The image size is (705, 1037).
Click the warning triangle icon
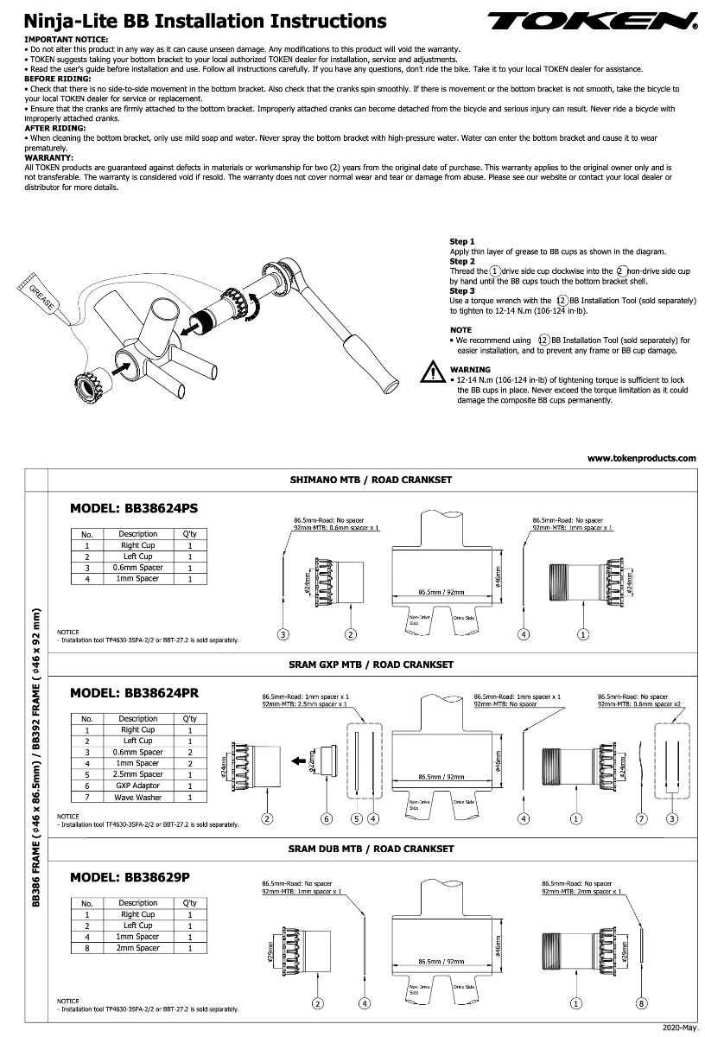tap(432, 372)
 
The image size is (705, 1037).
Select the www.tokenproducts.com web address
tap(641, 459)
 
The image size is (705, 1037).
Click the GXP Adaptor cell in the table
tap(138, 786)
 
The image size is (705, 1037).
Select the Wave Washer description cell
tap(138, 797)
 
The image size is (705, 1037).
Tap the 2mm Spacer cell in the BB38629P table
tap(138, 948)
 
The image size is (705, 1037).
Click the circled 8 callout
tap(640, 1003)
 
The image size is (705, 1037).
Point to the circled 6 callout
tap(327, 818)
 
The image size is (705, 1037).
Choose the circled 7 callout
tap(641, 818)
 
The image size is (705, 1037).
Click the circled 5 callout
tap(356, 818)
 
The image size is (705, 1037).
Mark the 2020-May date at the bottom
tap(679, 1027)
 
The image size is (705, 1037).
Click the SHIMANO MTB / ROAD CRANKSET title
tap(370, 480)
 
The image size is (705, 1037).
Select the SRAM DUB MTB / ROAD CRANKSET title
tap(370, 849)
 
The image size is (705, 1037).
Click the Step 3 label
tap(462, 290)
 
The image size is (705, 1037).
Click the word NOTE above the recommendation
tap(460, 330)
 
